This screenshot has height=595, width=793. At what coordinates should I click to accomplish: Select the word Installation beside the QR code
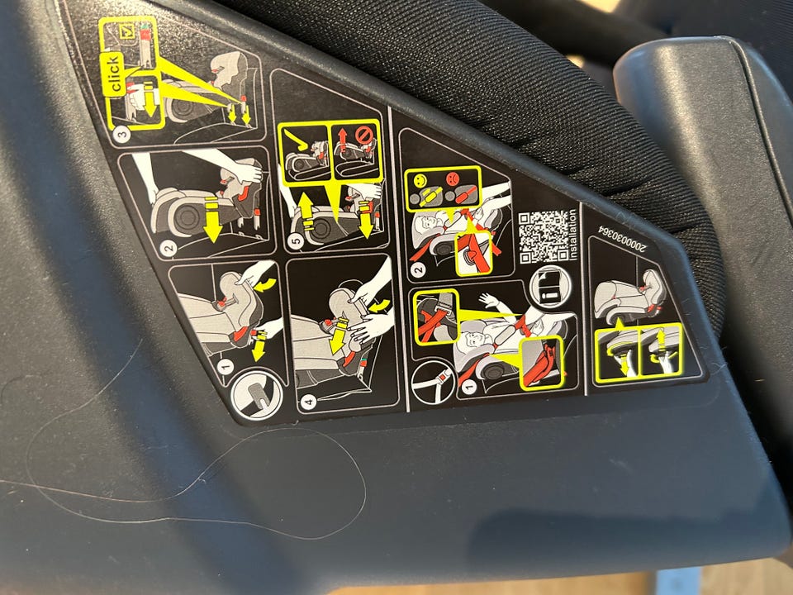573,234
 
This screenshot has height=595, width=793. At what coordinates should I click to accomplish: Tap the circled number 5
297,240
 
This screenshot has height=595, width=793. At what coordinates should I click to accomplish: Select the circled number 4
308,402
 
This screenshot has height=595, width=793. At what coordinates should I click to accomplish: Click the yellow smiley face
420,179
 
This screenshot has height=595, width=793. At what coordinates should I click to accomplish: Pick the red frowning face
451,178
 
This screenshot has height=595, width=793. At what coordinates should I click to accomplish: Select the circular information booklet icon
550,286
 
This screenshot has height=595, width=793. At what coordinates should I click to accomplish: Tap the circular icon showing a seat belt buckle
434,380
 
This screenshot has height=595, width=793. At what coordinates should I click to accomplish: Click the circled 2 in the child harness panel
419,269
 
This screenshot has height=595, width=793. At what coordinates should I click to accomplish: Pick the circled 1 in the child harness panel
468,387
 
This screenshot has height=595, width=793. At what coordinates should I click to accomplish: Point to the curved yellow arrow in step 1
266,285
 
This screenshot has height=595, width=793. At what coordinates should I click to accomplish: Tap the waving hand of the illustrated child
489,301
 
